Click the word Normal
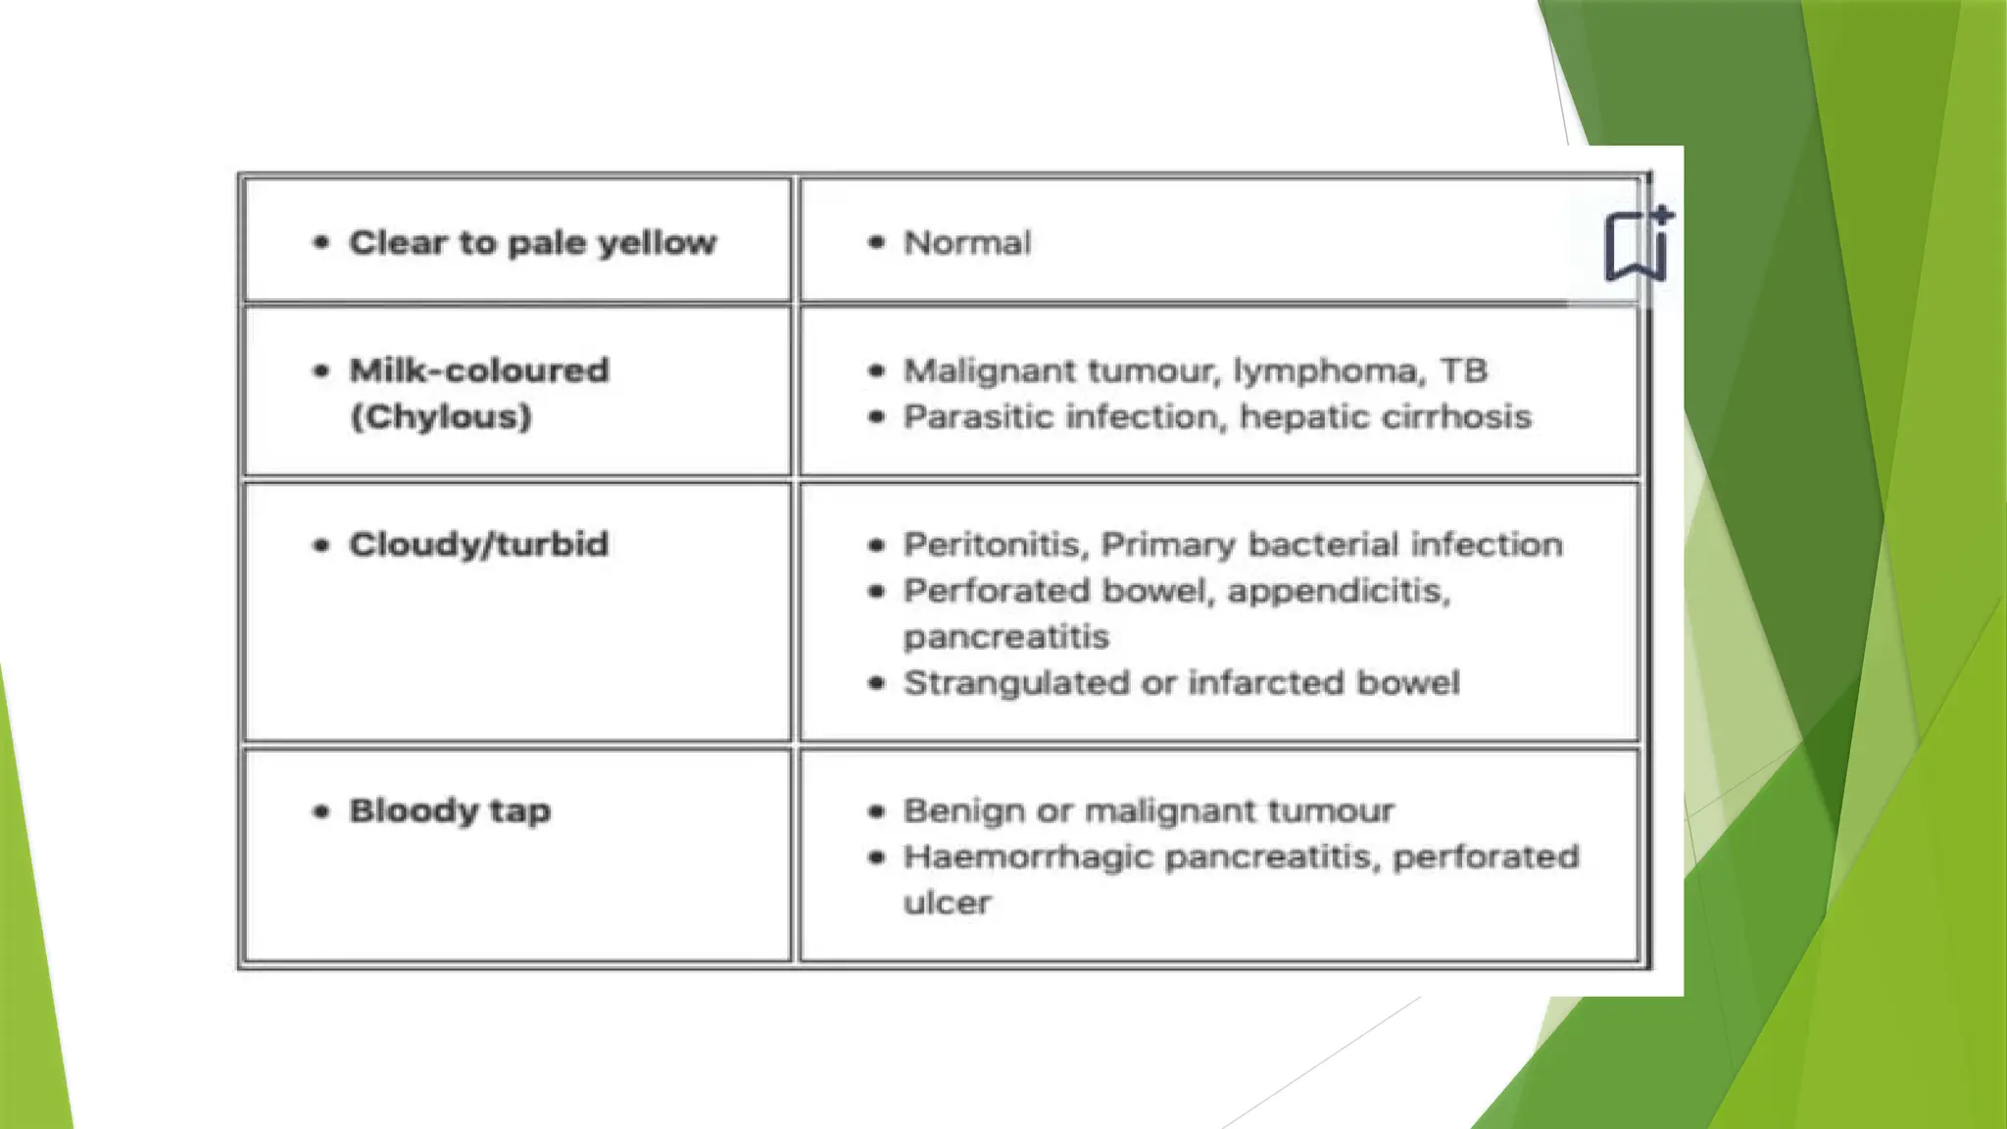point(966,243)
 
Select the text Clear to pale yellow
point(532,243)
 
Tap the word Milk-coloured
point(479,370)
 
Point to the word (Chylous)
point(441,417)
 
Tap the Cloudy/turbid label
point(478,545)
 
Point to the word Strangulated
point(1016,683)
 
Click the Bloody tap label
point(450,811)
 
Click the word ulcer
point(947,903)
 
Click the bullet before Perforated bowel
point(877,591)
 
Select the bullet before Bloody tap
point(320,811)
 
